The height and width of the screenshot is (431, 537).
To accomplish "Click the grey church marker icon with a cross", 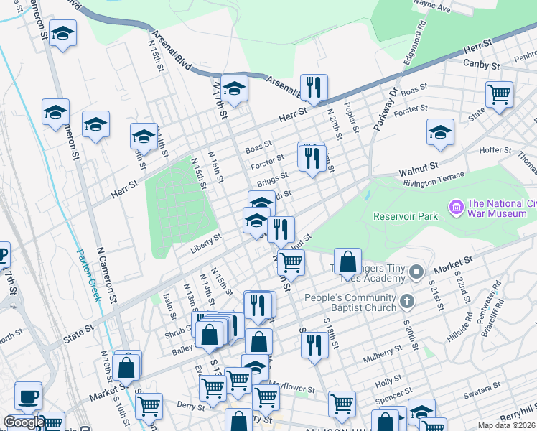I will pos(407,300).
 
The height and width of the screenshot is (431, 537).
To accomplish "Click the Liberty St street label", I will pos(206,248).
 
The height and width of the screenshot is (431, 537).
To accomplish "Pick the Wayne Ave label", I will pos(433,9).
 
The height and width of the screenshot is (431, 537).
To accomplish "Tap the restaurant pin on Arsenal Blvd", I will pos(314,88).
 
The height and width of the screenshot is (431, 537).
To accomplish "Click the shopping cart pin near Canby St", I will pos(499,93).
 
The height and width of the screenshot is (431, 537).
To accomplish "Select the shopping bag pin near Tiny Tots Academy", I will pos(347,262).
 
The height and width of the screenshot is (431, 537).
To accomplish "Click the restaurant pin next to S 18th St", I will pos(314,345).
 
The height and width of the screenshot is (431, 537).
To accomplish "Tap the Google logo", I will pos(24,423).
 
